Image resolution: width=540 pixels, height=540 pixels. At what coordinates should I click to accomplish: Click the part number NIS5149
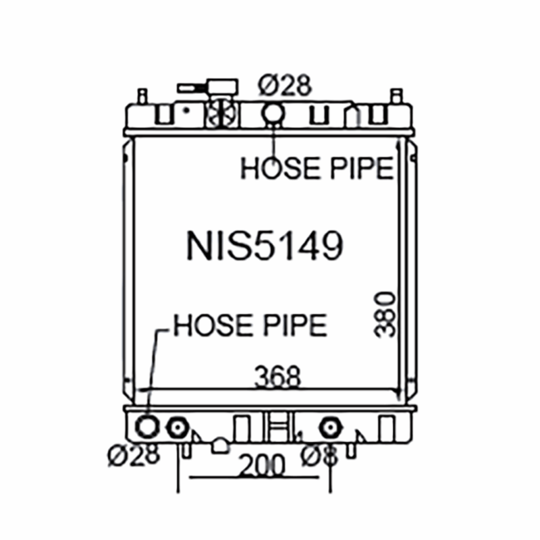pos(265,245)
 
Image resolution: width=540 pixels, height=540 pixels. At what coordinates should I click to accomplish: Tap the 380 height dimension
pos(384,315)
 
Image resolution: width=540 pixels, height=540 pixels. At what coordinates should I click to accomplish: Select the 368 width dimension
pos(277,377)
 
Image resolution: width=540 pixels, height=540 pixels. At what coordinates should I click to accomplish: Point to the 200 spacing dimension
pos(262,465)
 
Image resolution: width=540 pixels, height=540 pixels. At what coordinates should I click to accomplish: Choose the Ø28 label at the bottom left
pos(134,454)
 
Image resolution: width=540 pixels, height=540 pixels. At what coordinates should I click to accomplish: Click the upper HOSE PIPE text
pos(317,167)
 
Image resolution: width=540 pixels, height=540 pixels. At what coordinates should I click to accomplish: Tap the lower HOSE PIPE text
pos(250,325)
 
